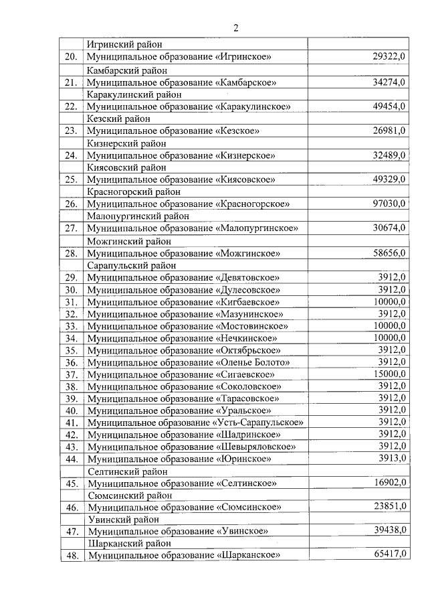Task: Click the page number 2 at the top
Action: click(235, 27)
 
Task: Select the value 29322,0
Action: click(389, 58)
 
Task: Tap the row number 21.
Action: click(70, 82)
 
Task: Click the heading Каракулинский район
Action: click(127, 94)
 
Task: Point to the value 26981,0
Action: click(389, 131)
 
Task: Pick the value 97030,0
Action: click(389, 204)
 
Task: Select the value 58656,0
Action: click(389, 252)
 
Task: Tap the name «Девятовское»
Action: click(247, 277)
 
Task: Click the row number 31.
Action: click(70, 302)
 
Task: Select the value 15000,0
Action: click(389, 374)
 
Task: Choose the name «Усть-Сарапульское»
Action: click(258, 423)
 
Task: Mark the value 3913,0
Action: click(392, 458)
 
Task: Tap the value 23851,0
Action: click(389, 507)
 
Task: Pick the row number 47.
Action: click(70, 532)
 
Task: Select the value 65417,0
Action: click(389, 556)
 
